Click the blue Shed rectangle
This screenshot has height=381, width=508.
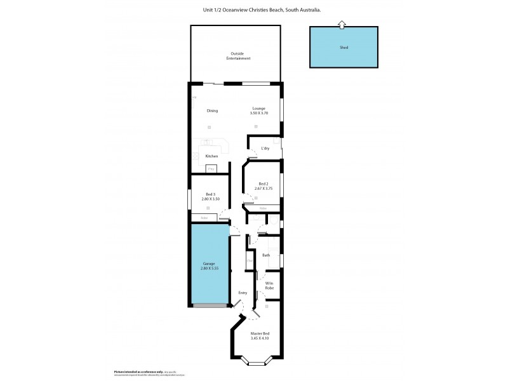[x=344, y=47]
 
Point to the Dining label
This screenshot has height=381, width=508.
[x=212, y=110]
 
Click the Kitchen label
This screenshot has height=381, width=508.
[x=211, y=156]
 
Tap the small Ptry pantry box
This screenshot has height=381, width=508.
[x=211, y=169]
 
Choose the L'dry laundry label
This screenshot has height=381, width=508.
[x=265, y=149]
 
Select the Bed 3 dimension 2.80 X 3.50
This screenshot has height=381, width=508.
[x=210, y=199]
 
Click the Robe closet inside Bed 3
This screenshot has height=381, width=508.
[x=204, y=218]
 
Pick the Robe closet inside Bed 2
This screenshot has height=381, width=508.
[x=263, y=208]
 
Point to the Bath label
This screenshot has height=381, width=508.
[x=266, y=255]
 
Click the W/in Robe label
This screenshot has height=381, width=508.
[x=269, y=286]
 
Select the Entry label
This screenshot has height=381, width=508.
[x=242, y=293]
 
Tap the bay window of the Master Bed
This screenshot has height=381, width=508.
[x=258, y=363]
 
